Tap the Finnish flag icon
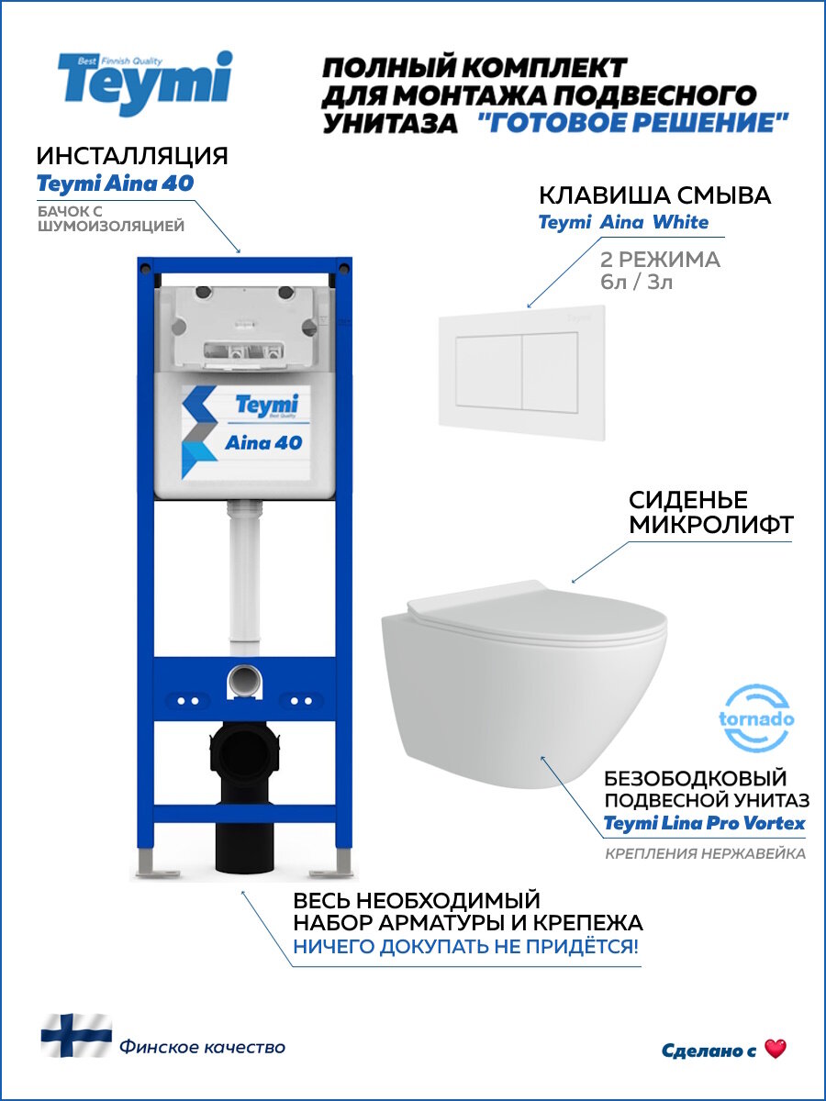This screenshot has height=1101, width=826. coord(75,1035)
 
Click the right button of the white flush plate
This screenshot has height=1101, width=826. coord(549,371)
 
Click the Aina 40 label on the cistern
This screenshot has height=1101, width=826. coord(263,442)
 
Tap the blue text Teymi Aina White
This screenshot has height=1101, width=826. coord(622,222)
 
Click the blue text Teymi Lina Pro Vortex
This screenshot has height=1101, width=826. coord(704,823)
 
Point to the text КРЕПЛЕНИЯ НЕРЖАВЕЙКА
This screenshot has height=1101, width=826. coord(705,854)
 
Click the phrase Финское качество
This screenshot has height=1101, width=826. coord(202,1047)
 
